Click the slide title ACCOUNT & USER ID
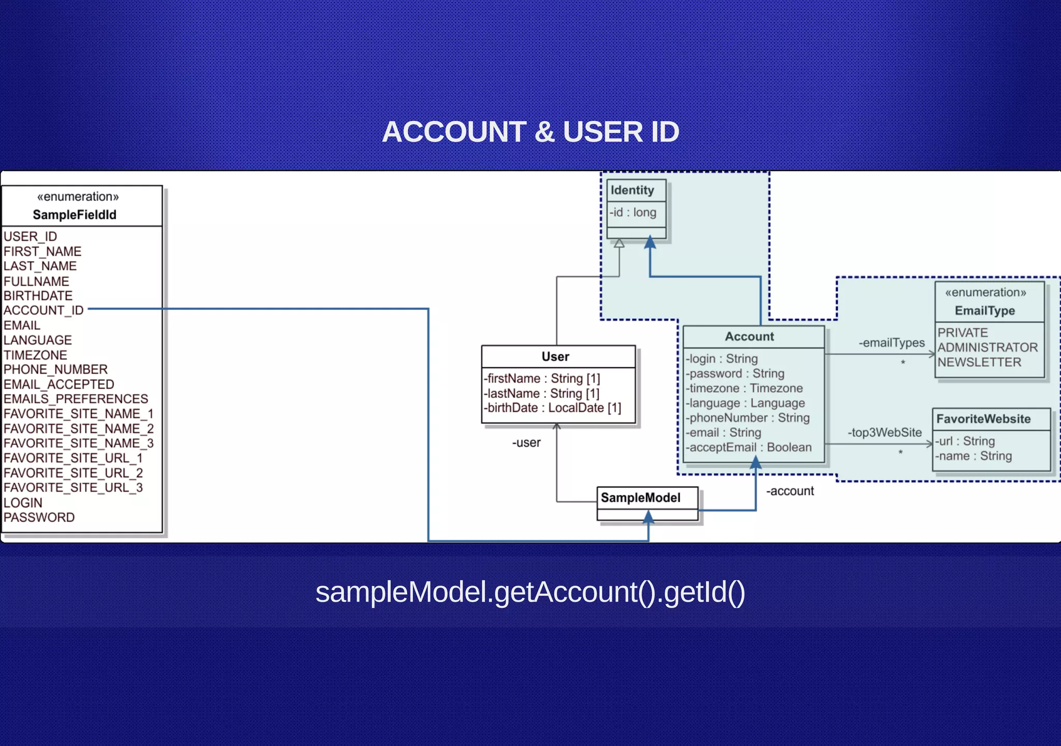[x=530, y=132]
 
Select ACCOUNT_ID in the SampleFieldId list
[x=44, y=310]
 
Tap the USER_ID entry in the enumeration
[x=30, y=236]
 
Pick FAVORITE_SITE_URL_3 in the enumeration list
[x=73, y=487]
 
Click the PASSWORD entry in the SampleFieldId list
[x=39, y=517]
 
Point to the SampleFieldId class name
[x=75, y=214]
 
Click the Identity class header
[x=632, y=190]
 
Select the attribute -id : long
[x=633, y=212]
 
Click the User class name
[x=555, y=356]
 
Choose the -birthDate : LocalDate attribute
[x=552, y=408]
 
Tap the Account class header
[x=749, y=336]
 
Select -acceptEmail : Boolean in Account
[x=749, y=447]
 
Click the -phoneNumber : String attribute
[x=748, y=418]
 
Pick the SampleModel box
[x=640, y=498]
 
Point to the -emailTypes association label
[x=891, y=342]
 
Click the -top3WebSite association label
[x=884, y=432]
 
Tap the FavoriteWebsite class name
[x=983, y=419]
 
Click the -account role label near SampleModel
[x=790, y=491]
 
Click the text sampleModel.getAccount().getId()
[x=530, y=592]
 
